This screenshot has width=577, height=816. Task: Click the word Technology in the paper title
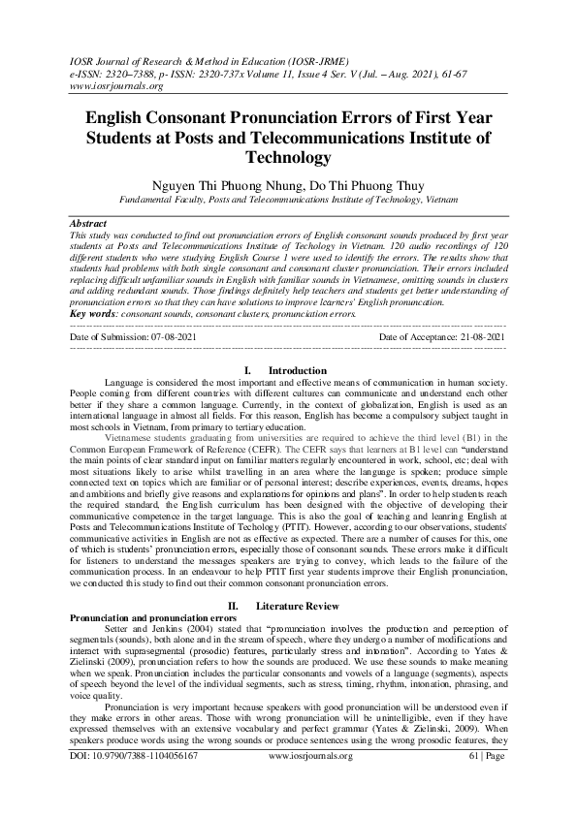tap(288, 156)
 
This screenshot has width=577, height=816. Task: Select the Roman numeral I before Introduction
tap(248, 370)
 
